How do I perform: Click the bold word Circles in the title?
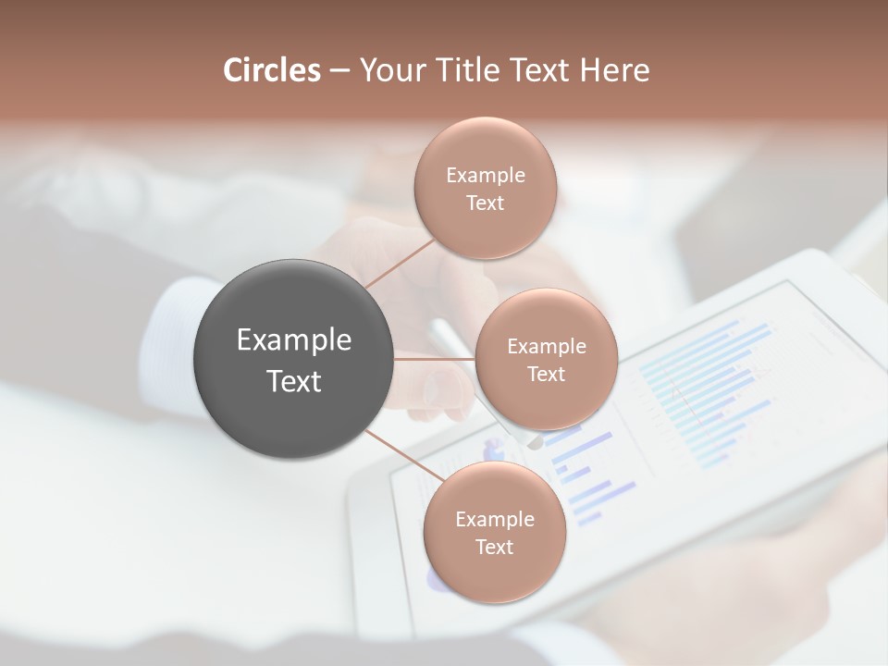point(272,70)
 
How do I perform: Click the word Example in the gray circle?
point(293,340)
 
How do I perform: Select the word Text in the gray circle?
point(293,381)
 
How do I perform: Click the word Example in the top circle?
point(485,176)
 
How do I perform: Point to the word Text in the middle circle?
point(546,375)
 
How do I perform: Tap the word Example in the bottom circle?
point(494,520)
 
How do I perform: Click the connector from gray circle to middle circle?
point(435,359)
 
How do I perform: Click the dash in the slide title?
point(339,70)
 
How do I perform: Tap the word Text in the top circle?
point(485,203)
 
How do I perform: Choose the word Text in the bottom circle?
point(494,548)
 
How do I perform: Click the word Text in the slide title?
point(537,70)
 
